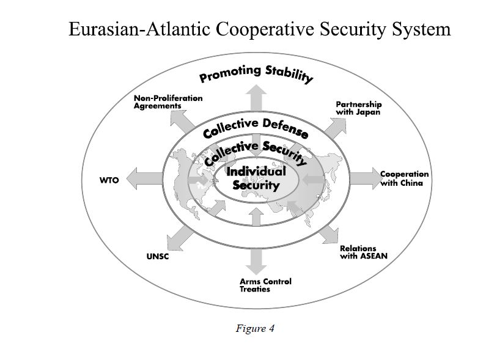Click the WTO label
coord(109,180)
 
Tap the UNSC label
coord(157,256)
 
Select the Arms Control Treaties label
coord(265,285)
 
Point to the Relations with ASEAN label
coord(363,252)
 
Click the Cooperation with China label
coord(404,178)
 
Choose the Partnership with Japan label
coord(358,108)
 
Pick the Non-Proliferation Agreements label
coord(168,101)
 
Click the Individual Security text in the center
coord(256,178)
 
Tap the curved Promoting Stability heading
coord(256,73)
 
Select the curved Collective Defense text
coord(255,127)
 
